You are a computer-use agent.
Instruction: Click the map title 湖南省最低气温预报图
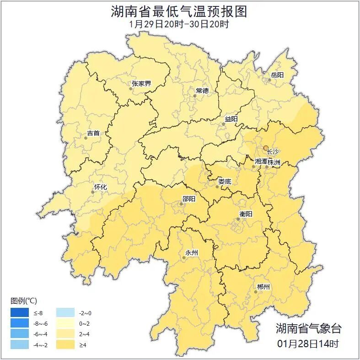(x=179, y=11)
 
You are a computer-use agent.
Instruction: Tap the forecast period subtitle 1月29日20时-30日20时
(x=179, y=24)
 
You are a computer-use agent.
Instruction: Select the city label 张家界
(x=141, y=84)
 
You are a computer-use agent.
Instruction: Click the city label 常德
(x=202, y=91)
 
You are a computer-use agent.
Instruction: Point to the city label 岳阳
(x=277, y=75)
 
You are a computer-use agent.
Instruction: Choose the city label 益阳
(x=231, y=119)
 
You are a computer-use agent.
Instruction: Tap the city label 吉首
(x=93, y=134)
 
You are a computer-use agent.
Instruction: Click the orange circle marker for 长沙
(x=266, y=148)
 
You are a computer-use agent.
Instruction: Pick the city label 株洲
(x=274, y=162)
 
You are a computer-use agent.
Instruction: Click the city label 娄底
(x=225, y=182)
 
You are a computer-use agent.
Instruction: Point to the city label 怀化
(x=100, y=187)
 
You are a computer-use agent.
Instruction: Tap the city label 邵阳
(x=188, y=199)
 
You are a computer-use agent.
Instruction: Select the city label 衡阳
(x=246, y=214)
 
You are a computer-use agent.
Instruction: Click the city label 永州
(x=191, y=253)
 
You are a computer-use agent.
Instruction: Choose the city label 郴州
(x=263, y=287)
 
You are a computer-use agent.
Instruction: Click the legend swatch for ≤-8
(x=21, y=313)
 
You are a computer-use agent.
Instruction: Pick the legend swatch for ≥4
(x=66, y=344)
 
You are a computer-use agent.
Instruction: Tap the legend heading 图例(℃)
(x=24, y=301)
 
